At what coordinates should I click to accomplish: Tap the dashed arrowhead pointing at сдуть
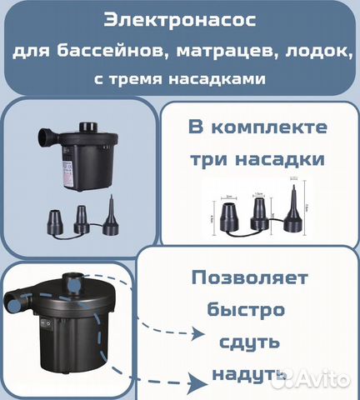(x=198, y=335)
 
